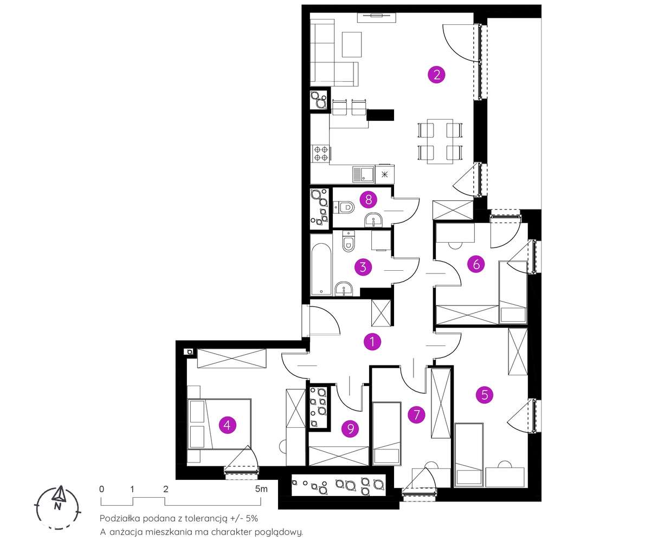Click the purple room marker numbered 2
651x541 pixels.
pos(436,75)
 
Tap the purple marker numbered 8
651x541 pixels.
pos(368,199)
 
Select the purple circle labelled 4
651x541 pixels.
pos(227,425)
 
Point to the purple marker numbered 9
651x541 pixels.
pos(350,428)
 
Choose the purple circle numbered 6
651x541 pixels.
pos(476,264)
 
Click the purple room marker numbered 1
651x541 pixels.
pos(372,342)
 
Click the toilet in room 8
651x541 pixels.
pos(344,206)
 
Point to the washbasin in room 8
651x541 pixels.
pos(373,220)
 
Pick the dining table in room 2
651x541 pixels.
pos(440,141)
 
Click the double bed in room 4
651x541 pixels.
pos(219,424)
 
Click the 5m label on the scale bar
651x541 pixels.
pos(261,489)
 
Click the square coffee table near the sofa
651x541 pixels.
pos(352,44)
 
